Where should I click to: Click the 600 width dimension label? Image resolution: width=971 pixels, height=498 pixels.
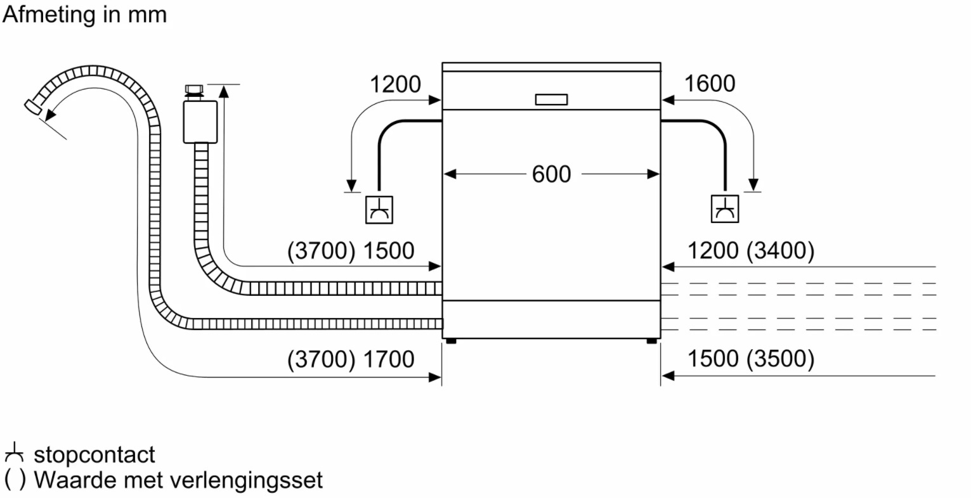[x=551, y=174]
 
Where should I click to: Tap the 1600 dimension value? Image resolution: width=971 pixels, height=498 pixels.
[x=710, y=84]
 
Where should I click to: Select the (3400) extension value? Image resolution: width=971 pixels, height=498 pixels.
[x=781, y=250]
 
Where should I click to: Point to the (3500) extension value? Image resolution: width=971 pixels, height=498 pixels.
[x=781, y=359]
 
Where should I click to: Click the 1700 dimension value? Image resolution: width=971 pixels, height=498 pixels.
[x=388, y=359]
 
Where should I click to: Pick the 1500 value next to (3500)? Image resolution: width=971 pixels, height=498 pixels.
[x=713, y=359]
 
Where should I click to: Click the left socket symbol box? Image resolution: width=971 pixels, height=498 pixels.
[x=379, y=210]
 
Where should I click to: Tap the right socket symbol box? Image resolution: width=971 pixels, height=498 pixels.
[x=725, y=208]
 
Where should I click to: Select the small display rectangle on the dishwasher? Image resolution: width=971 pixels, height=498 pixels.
[x=551, y=99]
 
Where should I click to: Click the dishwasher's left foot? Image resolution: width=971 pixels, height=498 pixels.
[x=452, y=342]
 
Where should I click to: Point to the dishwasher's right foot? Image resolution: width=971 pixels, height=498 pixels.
[x=651, y=342]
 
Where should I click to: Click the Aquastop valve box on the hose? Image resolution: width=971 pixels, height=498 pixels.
[x=200, y=122]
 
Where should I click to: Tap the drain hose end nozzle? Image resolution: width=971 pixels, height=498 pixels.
[x=33, y=106]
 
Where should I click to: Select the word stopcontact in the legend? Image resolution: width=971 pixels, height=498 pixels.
[x=94, y=455]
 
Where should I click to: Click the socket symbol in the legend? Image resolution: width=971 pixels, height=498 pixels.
[x=14, y=452]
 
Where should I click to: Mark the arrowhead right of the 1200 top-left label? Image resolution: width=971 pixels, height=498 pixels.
[x=435, y=100]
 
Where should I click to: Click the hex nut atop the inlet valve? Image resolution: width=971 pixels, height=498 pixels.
[x=194, y=89]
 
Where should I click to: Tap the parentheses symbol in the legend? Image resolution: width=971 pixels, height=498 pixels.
[x=15, y=480]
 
